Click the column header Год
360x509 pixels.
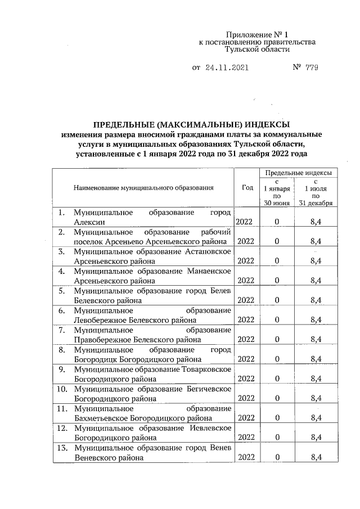tap(247, 188)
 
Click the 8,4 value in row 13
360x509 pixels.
tap(316, 457)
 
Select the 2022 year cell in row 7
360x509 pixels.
tap(246, 340)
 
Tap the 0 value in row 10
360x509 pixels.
tap(277, 398)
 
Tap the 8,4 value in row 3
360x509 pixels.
tap(316, 261)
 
